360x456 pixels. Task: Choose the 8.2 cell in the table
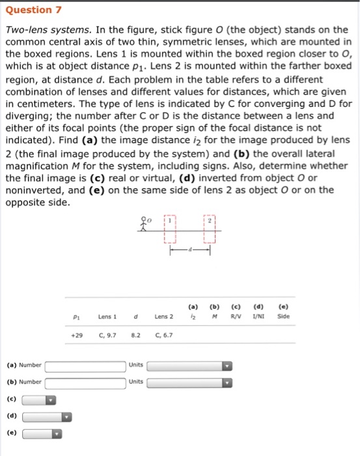click(x=136, y=335)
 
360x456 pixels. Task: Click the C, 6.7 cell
click(x=164, y=335)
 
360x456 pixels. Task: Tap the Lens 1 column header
click(x=107, y=317)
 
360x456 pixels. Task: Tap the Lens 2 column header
click(x=164, y=317)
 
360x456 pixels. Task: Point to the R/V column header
click(x=238, y=317)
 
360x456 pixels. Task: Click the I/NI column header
click(x=258, y=317)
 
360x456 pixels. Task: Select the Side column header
click(x=283, y=317)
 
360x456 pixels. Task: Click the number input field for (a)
click(x=85, y=365)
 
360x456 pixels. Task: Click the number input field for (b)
click(x=85, y=382)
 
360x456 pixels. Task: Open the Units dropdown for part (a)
click(x=189, y=365)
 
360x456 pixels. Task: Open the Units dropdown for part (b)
click(x=189, y=382)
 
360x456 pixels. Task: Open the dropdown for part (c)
click(x=39, y=399)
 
